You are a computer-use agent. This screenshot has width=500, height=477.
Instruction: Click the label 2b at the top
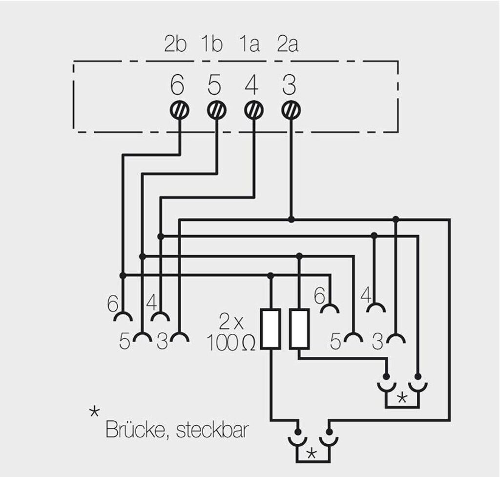175,44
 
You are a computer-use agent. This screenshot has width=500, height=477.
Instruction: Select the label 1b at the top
211,44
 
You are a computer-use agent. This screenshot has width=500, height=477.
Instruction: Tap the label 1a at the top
249,44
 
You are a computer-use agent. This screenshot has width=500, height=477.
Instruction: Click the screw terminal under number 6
180,110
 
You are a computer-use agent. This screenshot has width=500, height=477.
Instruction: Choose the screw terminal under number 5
217,110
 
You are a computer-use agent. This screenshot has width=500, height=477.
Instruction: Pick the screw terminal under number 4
253,110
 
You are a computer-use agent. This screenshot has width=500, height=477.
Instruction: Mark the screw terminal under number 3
291,110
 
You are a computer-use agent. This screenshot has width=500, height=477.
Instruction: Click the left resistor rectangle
270,328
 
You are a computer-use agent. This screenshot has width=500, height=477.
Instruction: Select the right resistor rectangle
299,328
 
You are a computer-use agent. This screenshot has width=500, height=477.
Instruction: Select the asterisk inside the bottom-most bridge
311,454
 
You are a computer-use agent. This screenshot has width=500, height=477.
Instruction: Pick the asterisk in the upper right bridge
402,397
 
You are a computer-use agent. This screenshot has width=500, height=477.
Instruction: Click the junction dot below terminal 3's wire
292,219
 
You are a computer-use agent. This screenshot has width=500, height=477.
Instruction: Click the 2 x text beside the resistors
231,323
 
